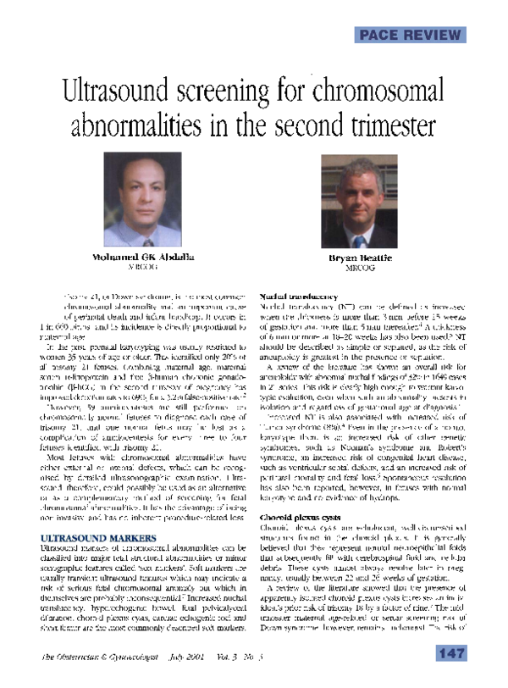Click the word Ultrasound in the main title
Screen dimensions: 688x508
(114, 91)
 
